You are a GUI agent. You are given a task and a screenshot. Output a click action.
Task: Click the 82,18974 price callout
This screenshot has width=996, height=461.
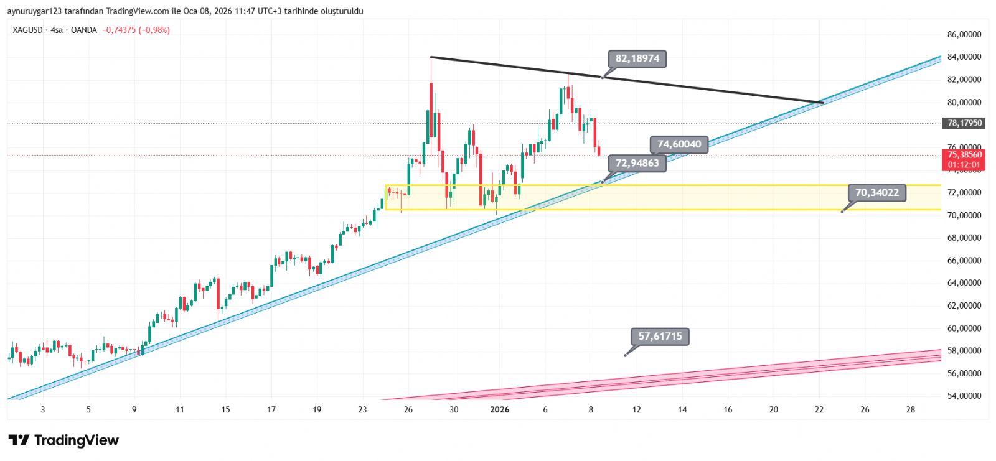pos(637,59)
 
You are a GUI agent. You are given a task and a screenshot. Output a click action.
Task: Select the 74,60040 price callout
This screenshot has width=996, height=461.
pos(679,144)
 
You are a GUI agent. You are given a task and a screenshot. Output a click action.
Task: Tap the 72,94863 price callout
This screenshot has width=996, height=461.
pos(637,164)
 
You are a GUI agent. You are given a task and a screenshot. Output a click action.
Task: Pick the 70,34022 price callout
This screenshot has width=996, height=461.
pos(876,193)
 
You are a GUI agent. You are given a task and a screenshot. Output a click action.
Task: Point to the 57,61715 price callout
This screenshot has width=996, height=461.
pos(660,337)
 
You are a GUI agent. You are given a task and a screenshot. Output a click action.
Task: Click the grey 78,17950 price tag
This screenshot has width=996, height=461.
pos(964,123)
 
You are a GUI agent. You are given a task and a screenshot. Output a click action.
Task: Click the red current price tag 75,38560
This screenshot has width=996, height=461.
pos(964,155)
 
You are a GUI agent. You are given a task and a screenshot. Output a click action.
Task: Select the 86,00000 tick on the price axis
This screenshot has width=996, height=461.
pos(964,35)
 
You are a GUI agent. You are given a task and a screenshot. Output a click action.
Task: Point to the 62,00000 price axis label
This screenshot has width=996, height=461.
pos(964,305)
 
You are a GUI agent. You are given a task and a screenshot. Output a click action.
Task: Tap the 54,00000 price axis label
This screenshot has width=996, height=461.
pos(964,396)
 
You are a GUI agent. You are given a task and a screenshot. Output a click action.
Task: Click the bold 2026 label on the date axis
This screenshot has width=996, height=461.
pos(500,409)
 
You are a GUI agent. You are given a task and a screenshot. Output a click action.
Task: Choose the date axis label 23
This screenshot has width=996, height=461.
pos(363,409)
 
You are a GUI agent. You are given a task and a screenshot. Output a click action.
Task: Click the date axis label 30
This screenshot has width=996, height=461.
pos(454,409)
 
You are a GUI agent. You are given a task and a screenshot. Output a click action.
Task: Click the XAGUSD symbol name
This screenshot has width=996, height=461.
pos(27,30)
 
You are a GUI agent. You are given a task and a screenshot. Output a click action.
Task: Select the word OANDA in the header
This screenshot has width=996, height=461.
pos(84,30)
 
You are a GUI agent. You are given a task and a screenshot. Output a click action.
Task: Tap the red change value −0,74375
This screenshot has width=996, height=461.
pos(119,30)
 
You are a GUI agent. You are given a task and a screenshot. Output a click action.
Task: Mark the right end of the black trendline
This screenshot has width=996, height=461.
pos(823,102)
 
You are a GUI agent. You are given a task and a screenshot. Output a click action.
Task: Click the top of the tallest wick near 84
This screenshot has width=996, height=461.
pos(431,57)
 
